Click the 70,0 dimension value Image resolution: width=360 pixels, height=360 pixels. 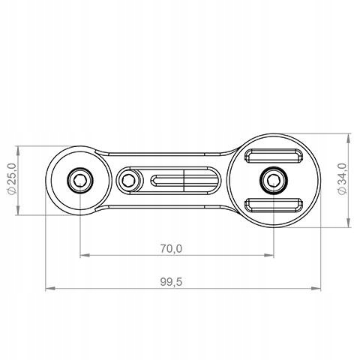(171, 249)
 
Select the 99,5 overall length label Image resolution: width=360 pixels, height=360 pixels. (171, 282)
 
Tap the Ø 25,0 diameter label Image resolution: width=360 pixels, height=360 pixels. (12, 178)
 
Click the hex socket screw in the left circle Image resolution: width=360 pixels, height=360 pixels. (80, 180)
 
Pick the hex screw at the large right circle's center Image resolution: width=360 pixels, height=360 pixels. (274, 180)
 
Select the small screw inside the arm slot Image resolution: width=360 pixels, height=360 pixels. (128, 180)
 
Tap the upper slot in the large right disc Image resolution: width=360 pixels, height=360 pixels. (274, 156)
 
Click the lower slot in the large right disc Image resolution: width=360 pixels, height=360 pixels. (274, 205)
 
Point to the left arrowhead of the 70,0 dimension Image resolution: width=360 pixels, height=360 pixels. (85, 255)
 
